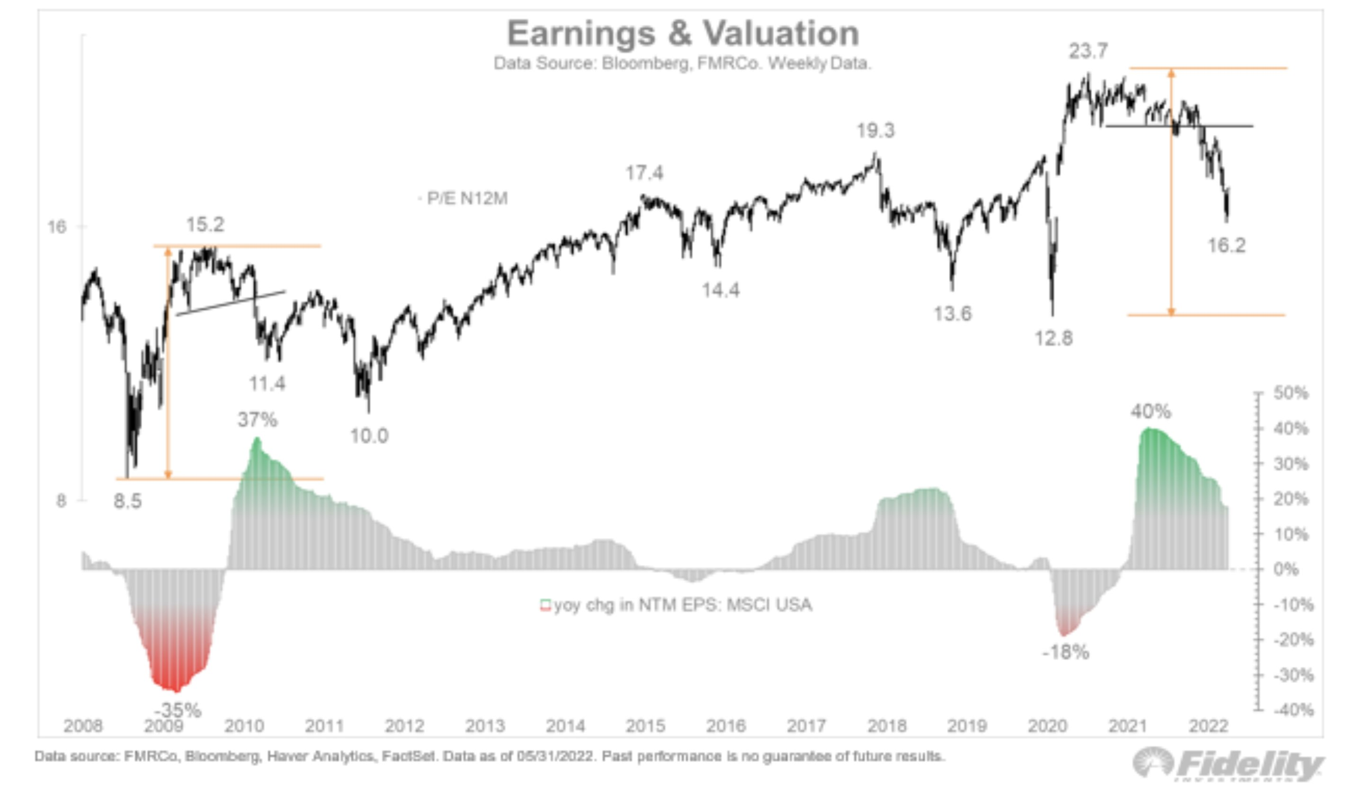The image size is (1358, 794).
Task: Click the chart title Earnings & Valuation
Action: click(x=683, y=34)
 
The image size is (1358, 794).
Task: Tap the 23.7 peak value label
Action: click(x=1088, y=52)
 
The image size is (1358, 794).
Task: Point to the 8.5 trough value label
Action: click(x=128, y=502)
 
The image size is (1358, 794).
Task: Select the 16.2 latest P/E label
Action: click(x=1226, y=246)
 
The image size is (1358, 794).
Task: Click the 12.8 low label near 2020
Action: click(x=1053, y=338)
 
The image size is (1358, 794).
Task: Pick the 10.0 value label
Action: click(x=369, y=436)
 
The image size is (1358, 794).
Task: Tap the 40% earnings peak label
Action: click(x=1151, y=412)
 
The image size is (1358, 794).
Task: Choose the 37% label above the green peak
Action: click(x=258, y=420)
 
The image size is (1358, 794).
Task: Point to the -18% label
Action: click(x=1065, y=653)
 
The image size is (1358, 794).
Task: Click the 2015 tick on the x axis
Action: click(x=645, y=726)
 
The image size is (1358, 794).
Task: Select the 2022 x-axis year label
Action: click(x=1208, y=726)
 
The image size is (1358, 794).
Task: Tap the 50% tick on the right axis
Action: click(x=1291, y=393)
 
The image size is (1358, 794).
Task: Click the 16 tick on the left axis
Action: click(x=57, y=227)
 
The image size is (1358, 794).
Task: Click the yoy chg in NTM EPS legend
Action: click(x=682, y=605)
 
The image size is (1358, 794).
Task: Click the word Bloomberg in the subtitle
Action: click(x=645, y=63)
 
